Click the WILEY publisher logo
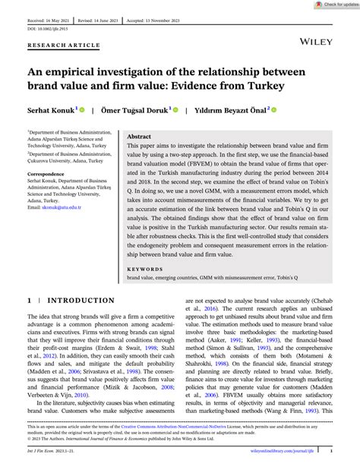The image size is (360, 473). coord(314,36)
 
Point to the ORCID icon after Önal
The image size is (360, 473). coord(274,109)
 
